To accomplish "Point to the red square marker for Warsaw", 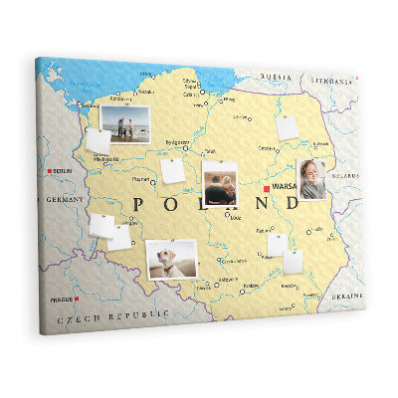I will pos(266,187).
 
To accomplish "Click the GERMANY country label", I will pos(67,200).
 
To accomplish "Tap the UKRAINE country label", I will pos(347,297).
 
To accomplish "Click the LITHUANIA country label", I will pos(330,81).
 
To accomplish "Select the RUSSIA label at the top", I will pos(276,77).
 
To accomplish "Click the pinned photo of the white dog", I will pos(172,259).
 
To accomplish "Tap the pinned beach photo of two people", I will pos(125,124).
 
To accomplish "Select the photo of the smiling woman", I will pos(311,179).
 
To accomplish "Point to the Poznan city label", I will pos(141,179).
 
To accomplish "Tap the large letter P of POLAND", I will pos(138,204).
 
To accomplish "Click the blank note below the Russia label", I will pos(287,127).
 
